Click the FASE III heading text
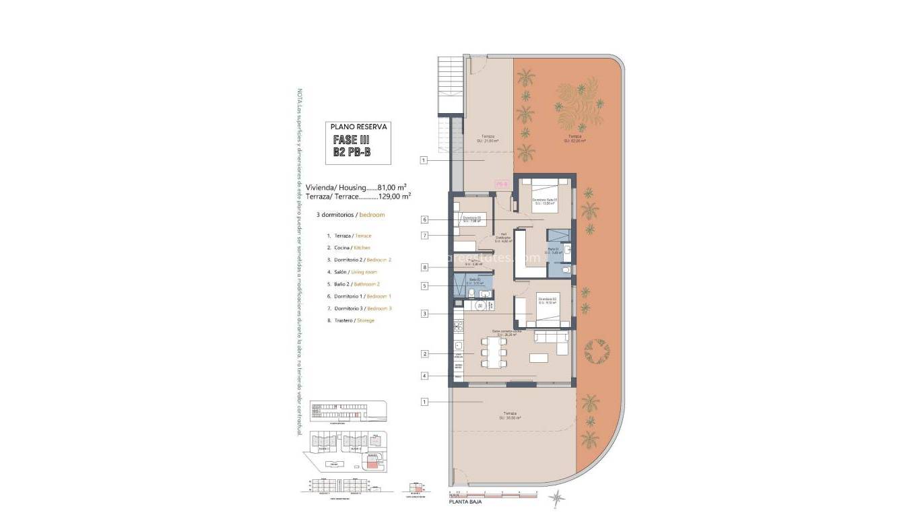[352, 140]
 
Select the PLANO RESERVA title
[358, 126]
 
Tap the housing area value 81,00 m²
[391, 187]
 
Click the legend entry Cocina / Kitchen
[352, 248]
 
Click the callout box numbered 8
[424, 267]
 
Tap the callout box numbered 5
[424, 285]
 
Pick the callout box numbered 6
[424, 219]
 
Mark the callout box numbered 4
[424, 376]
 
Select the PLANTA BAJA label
[465, 502]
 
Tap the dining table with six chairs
[493, 352]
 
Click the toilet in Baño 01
[566, 269]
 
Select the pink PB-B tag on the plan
[500, 183]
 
